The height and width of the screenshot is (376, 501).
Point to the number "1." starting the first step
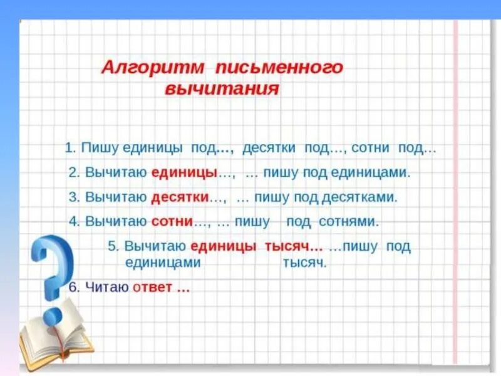tap(70, 149)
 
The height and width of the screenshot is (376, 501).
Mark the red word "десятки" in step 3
tap(179, 197)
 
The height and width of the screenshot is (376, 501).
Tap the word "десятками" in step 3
tap(359, 197)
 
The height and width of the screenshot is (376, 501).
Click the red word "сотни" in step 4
tap(172, 221)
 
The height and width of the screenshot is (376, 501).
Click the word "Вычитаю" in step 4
tap(115, 221)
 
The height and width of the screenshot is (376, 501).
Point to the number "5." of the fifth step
tap(113, 246)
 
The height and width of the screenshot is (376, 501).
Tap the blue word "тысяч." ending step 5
tap(305, 263)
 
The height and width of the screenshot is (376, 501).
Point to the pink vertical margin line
tap(455, 188)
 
